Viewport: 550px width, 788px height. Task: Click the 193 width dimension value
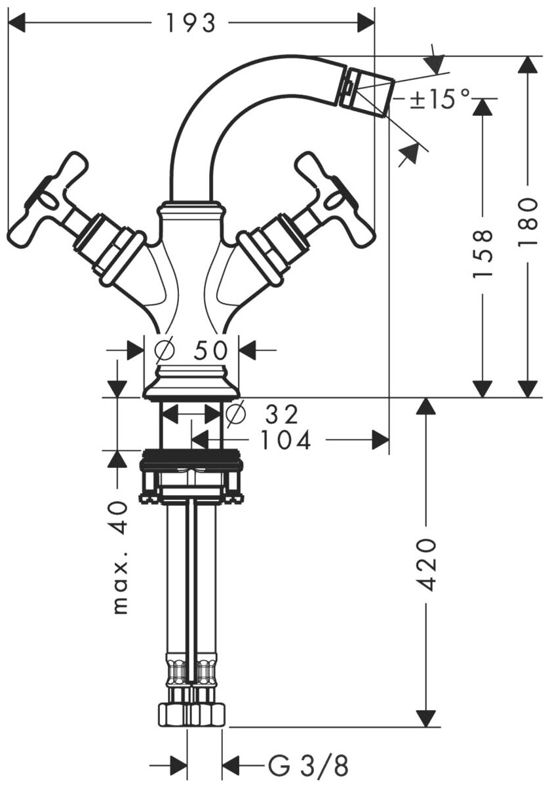[x=190, y=24]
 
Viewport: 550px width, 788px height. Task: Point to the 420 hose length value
[x=427, y=565]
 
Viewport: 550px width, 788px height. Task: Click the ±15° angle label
[x=440, y=99]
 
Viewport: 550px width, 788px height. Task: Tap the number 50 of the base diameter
[x=211, y=350]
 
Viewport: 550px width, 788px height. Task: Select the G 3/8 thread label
[x=308, y=764]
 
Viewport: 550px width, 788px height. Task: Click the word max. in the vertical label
[x=119, y=593]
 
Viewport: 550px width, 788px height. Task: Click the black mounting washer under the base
[x=191, y=457]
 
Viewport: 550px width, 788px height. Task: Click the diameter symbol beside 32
[x=235, y=414]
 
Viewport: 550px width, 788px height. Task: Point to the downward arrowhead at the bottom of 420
[x=427, y=717]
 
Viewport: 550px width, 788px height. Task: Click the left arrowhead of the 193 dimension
[x=16, y=24]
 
